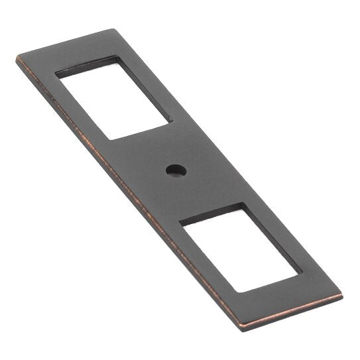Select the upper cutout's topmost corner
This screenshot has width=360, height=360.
click(x=117, y=56)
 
